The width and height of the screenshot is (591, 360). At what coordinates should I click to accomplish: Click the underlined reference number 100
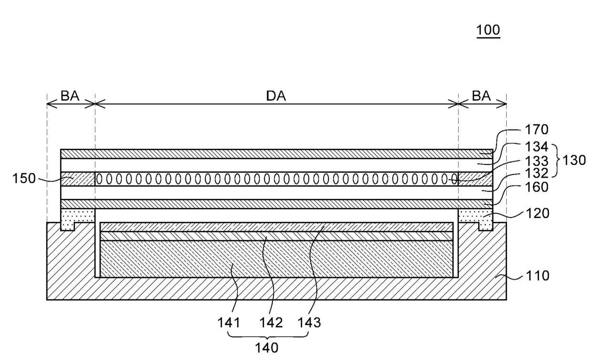(488, 31)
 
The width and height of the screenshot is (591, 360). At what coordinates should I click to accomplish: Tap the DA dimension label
(276, 96)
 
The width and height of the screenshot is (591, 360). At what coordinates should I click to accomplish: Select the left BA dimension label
(70, 96)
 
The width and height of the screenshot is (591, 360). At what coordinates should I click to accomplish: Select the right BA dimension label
(481, 96)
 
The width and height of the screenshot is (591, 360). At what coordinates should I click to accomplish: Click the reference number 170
(537, 129)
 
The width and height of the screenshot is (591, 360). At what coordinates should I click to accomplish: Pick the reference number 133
(537, 160)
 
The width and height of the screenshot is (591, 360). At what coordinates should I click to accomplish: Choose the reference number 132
(537, 173)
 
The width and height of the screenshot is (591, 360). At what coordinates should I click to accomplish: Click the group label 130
(574, 160)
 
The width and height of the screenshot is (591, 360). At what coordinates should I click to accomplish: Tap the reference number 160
(537, 187)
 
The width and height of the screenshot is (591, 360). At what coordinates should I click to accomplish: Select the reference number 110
(537, 276)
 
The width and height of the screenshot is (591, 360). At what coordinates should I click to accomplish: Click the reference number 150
(24, 178)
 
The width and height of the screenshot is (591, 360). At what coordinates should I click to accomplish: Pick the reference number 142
(272, 322)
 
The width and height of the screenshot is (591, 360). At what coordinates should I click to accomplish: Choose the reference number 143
(310, 322)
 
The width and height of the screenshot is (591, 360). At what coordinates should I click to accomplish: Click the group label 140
(267, 348)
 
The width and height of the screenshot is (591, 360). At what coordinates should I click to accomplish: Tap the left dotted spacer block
(77, 217)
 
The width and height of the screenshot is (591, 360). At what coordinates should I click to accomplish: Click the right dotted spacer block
(476, 217)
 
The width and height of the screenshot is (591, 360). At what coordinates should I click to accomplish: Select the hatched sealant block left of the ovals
(78, 179)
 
